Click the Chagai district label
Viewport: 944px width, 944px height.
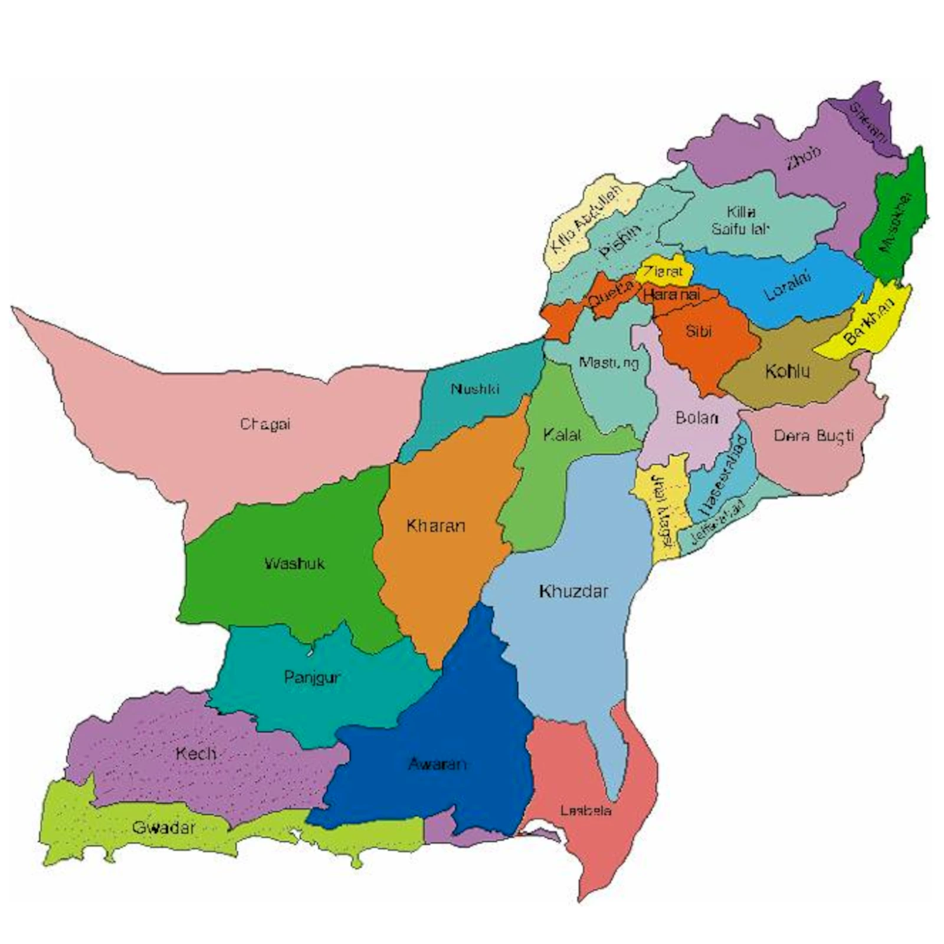tap(265, 424)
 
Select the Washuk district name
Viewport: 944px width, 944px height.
tap(294, 563)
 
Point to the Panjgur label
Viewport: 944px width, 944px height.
tap(312, 677)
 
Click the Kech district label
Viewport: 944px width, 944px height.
tap(196, 753)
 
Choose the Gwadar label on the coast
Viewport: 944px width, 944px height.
tap(163, 827)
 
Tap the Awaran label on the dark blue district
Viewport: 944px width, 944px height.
tap(437, 764)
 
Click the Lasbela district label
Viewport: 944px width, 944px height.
tap(585, 811)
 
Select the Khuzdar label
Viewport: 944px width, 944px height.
tap(573, 591)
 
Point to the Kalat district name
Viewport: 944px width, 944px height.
tap(562, 435)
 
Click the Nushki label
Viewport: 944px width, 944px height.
tap(475, 389)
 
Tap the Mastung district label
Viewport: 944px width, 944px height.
tap(609, 363)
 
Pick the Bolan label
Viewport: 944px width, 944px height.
tap(697, 418)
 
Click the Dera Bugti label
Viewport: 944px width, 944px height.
tap(814, 435)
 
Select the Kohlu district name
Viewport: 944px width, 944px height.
tap(787, 371)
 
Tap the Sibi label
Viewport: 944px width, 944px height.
tap(699, 331)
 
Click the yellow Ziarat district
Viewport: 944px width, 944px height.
tap(664, 271)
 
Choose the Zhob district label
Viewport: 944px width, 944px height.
tap(803, 158)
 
